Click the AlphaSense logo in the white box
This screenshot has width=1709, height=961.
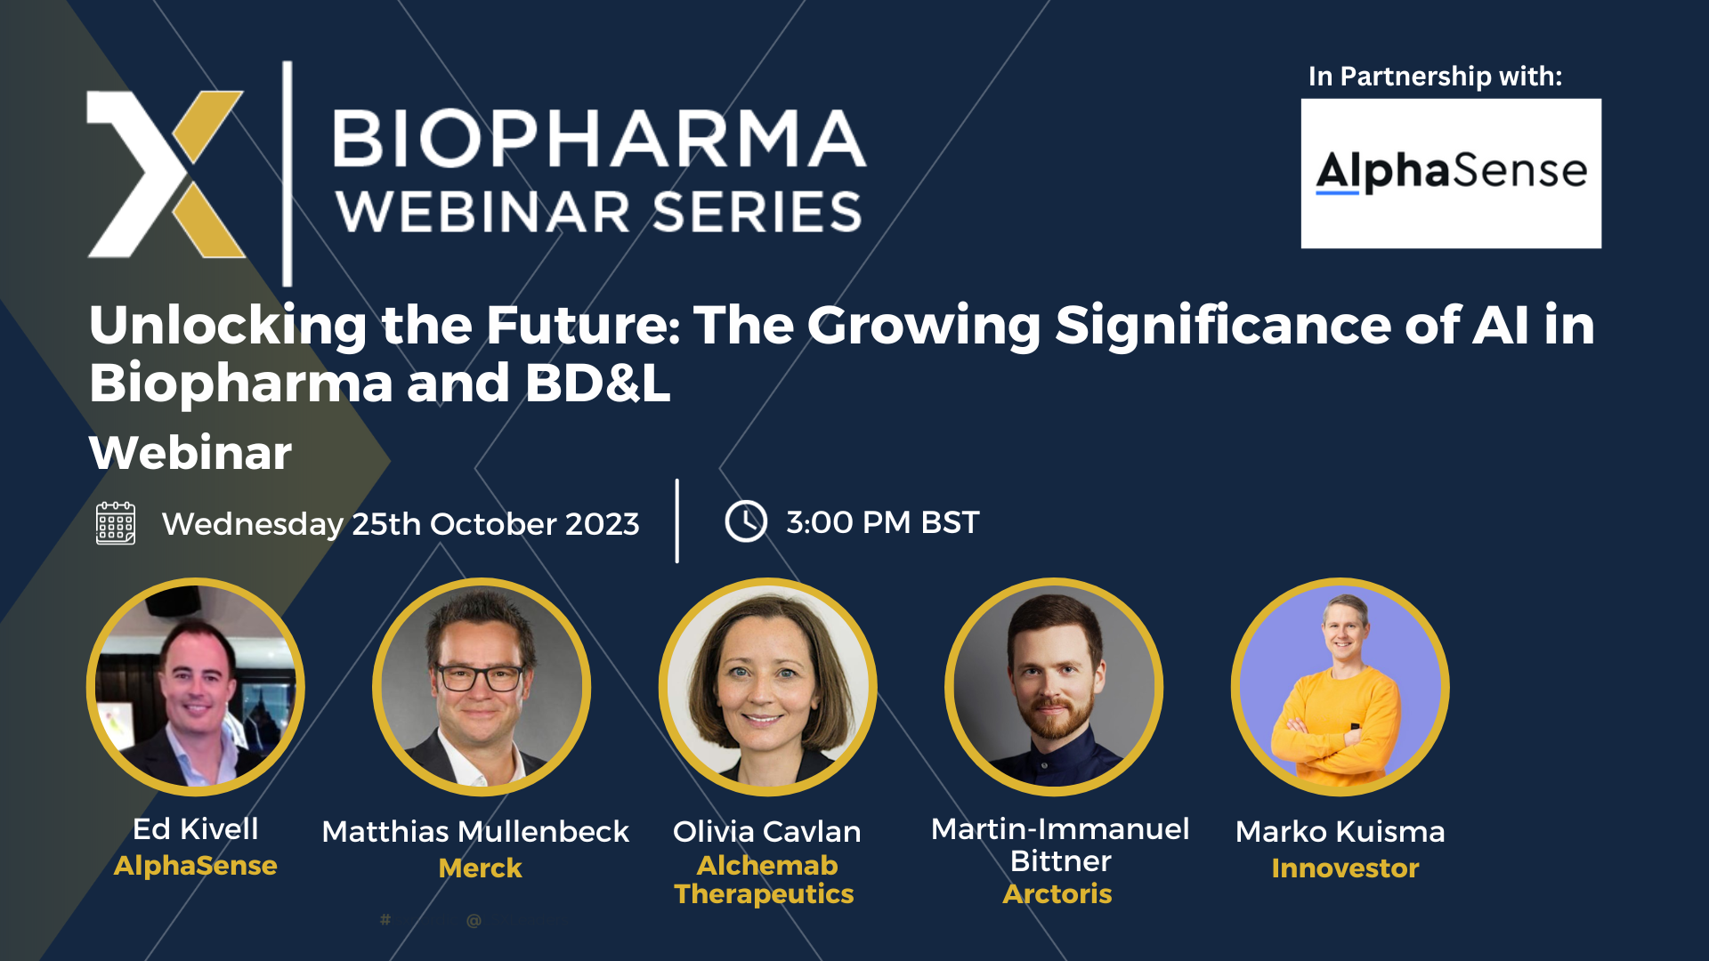(x=1451, y=172)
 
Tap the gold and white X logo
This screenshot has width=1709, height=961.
(x=166, y=174)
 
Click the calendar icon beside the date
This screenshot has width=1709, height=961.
(x=116, y=522)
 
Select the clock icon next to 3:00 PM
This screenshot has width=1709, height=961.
(x=745, y=521)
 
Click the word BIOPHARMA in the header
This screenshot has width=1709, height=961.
(x=599, y=139)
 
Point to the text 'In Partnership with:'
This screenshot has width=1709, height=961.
(x=1435, y=77)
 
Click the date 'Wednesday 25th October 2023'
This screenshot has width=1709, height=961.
(x=401, y=524)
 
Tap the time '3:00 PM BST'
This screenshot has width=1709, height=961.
(x=882, y=522)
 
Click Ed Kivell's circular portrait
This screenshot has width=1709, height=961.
(x=196, y=686)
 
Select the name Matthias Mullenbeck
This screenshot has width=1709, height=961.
(x=475, y=831)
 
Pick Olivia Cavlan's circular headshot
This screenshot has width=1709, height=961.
(x=767, y=686)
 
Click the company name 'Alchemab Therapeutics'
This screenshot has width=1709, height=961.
(x=765, y=879)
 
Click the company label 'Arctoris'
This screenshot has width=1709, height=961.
(x=1057, y=893)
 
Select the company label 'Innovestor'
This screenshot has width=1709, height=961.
(x=1345, y=868)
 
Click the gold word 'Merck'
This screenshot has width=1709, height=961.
(x=480, y=868)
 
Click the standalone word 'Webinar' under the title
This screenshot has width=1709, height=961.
(x=190, y=453)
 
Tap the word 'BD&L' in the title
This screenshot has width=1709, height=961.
(x=597, y=383)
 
